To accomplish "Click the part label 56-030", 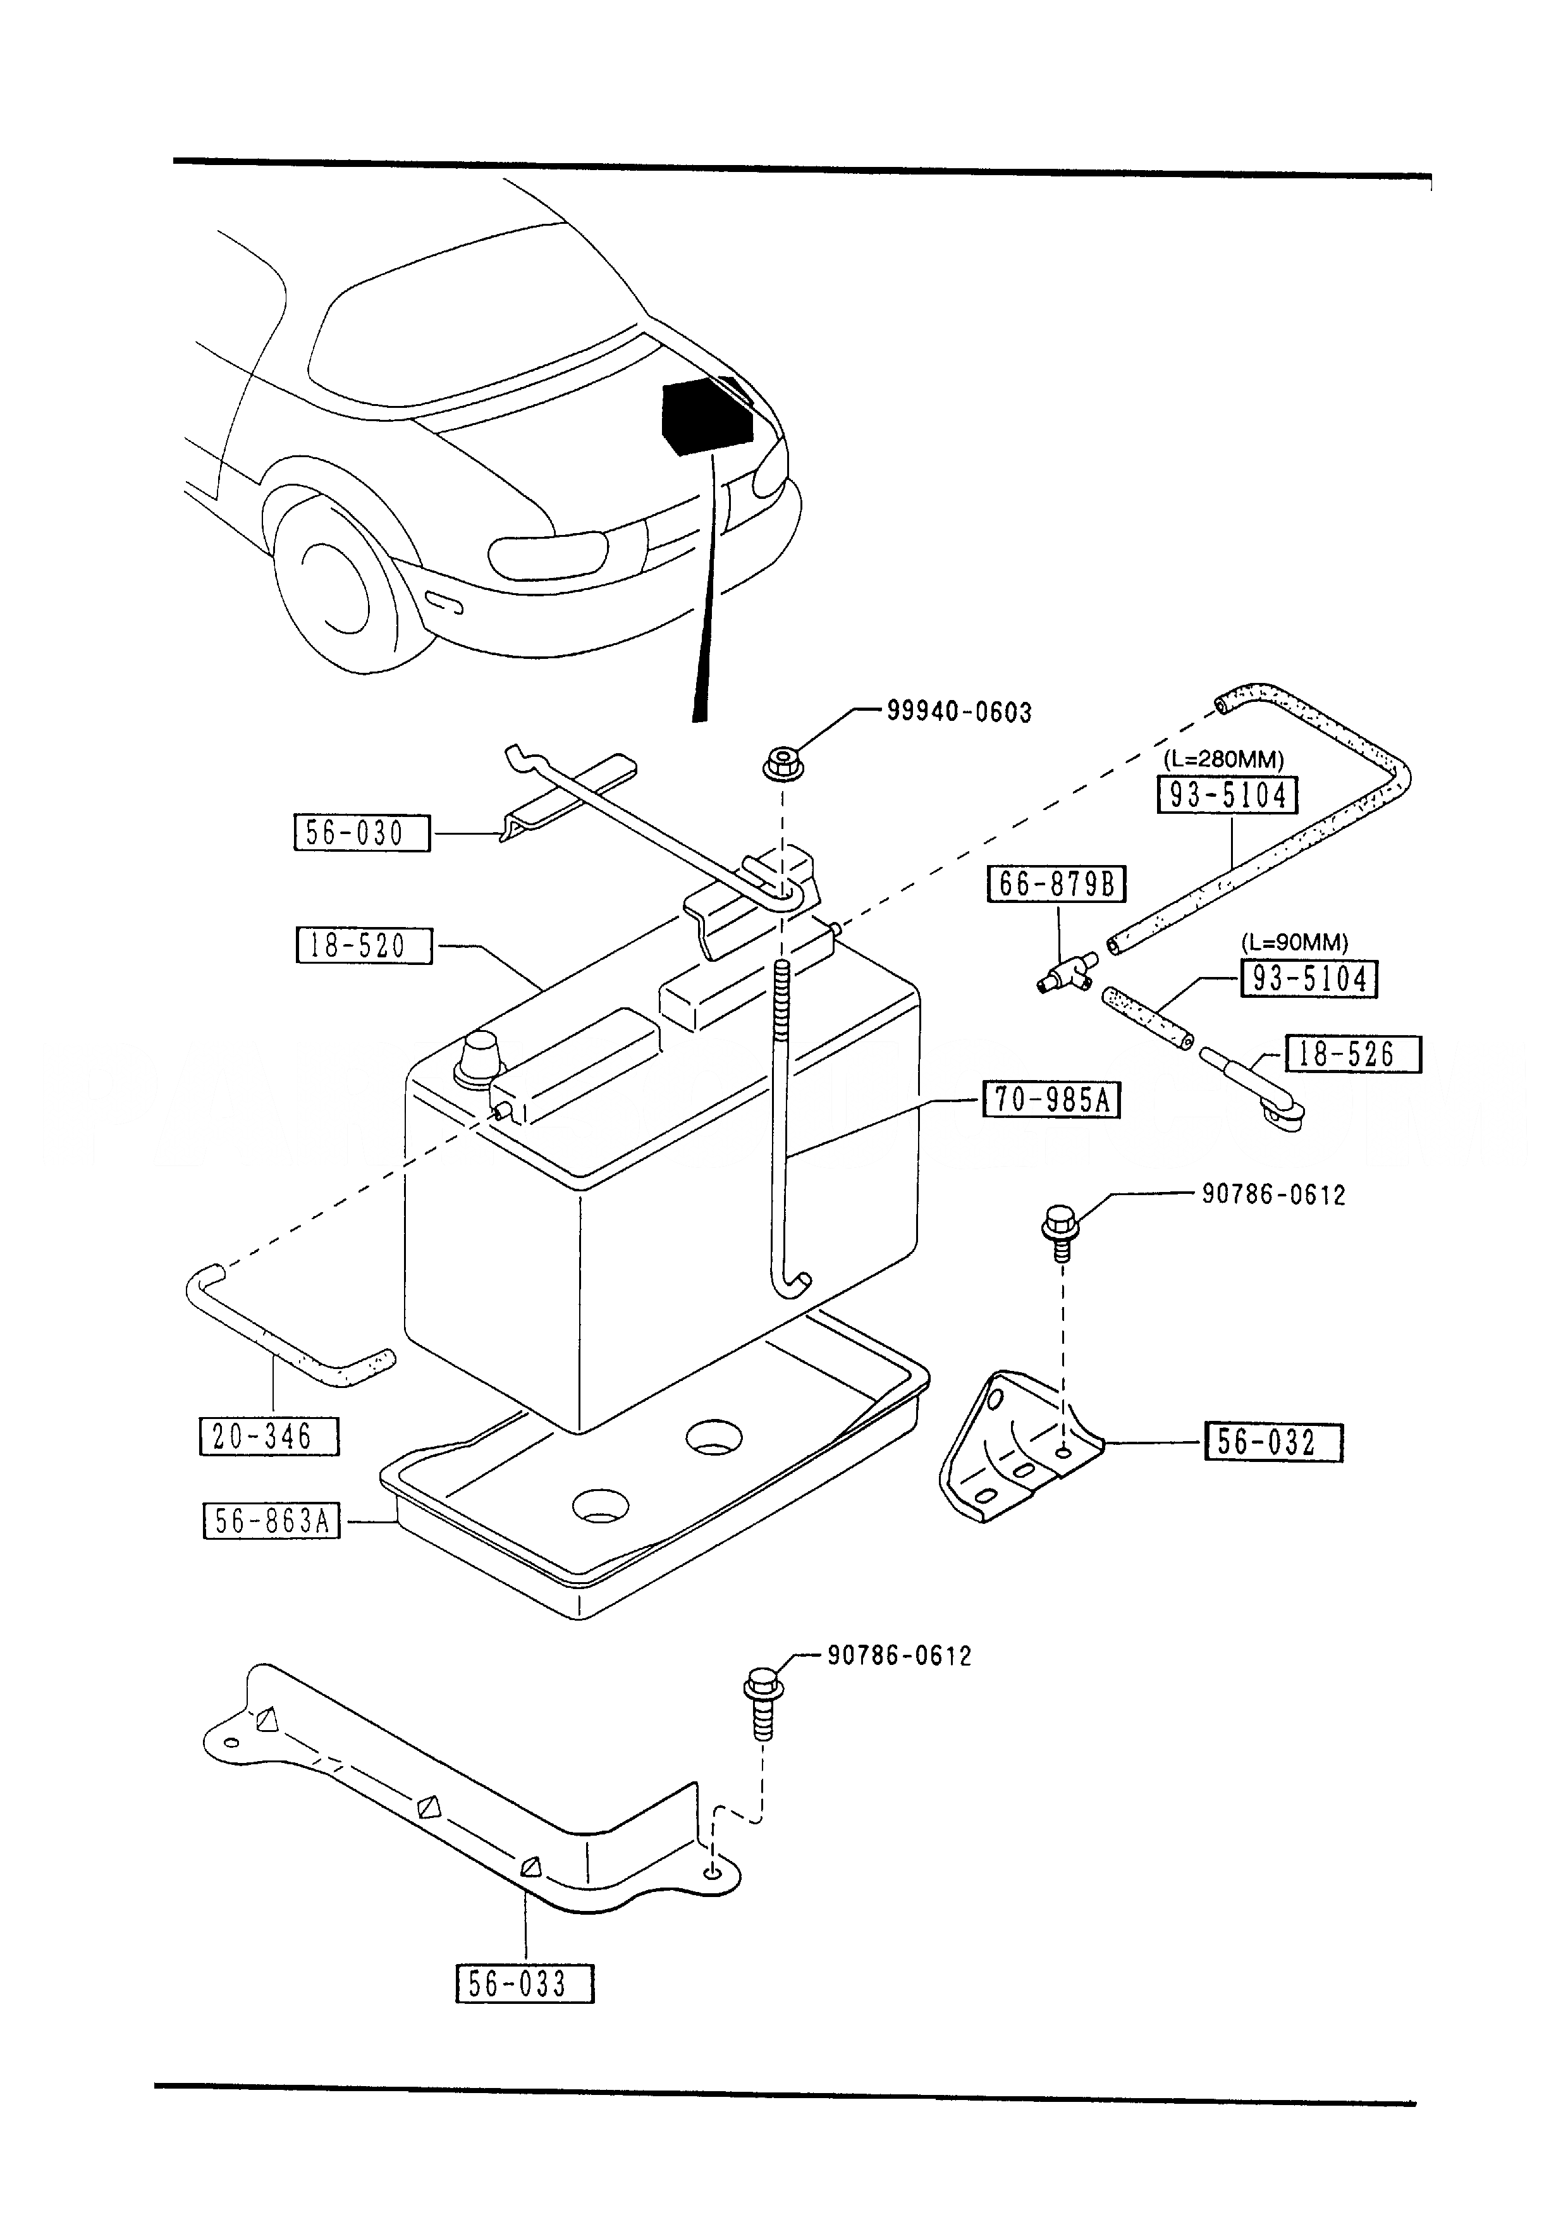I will coord(361,832).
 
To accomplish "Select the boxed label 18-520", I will coord(364,945).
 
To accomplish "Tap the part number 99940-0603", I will coord(959,713).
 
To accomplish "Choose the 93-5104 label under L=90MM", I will coord(1308,978).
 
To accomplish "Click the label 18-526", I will coord(1352,1053).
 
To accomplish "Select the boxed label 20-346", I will coord(269,1437).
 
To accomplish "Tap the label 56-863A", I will coord(271,1522).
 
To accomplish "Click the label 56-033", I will coord(524,1984).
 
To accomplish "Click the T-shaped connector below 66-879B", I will coord(1064,973).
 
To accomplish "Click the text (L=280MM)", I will coord(1223,759).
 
